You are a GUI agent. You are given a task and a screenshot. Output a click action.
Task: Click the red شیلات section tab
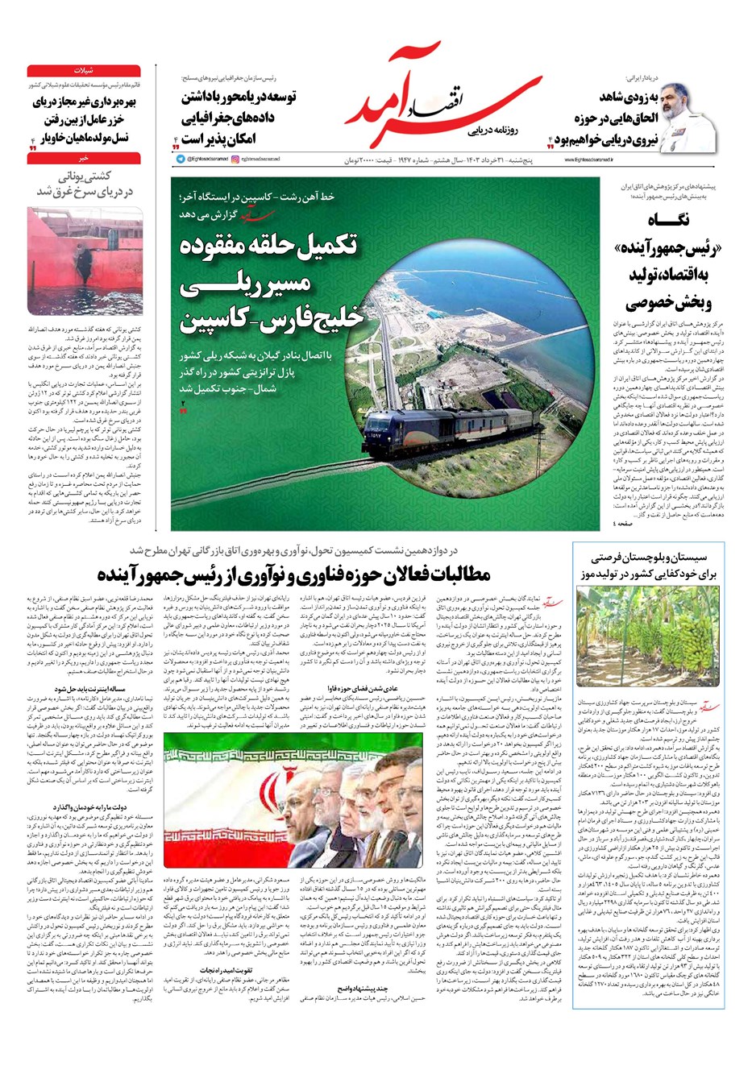84,71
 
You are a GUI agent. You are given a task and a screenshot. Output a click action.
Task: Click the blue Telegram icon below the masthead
181,160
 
